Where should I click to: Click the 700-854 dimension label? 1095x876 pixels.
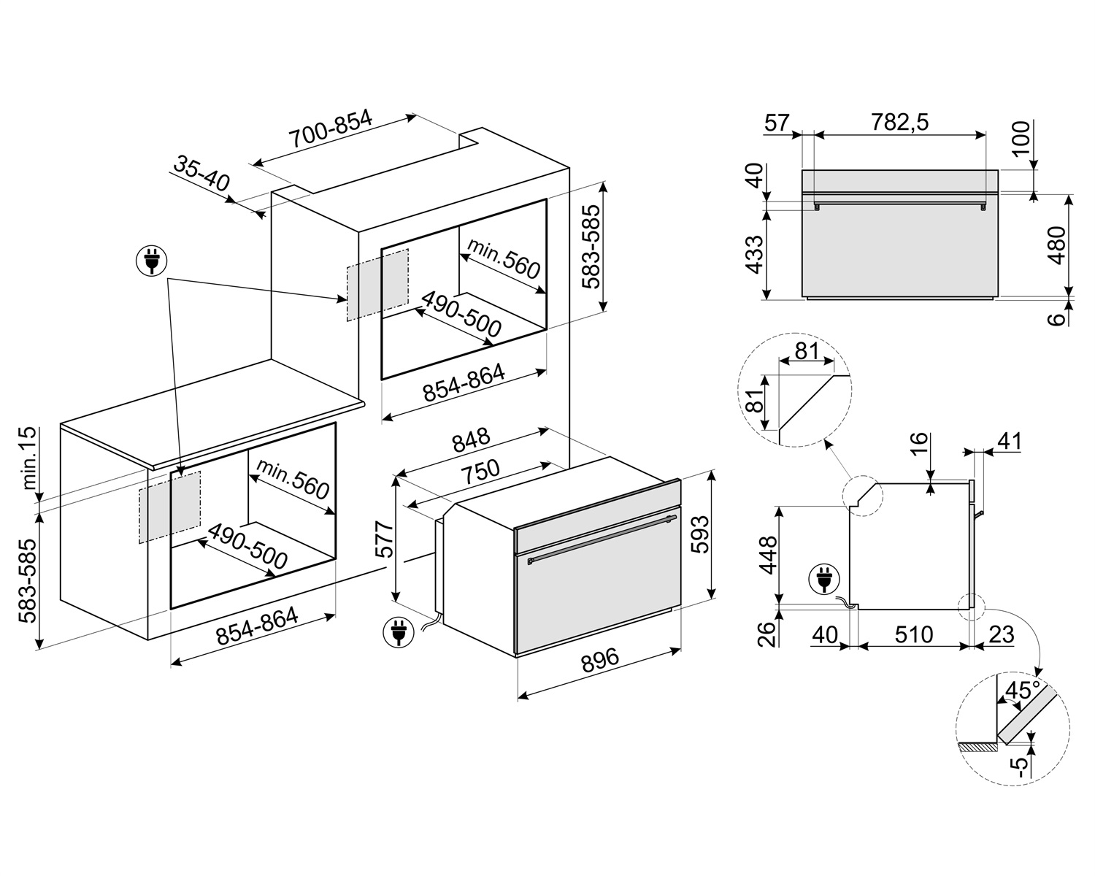[330, 130]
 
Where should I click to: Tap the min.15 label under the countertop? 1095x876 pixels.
[27, 458]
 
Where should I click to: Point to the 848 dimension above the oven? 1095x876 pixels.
[471, 442]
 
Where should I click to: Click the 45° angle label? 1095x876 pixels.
[1021, 690]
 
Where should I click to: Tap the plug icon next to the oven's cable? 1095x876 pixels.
[397, 632]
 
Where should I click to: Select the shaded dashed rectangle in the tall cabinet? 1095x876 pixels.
[377, 284]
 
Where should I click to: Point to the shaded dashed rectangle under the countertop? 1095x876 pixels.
[169, 506]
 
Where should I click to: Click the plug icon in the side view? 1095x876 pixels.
[823, 581]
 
